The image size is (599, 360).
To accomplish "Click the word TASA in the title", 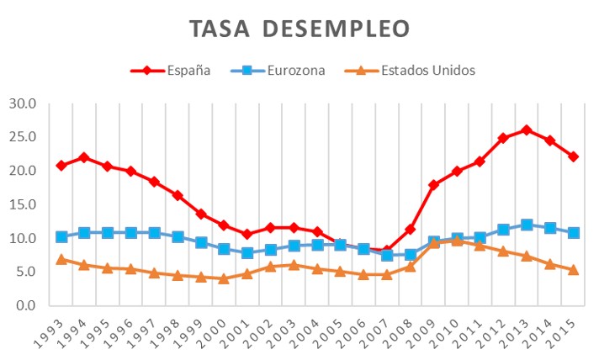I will (x=220, y=29).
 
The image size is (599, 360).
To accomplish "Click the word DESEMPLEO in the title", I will (x=337, y=29).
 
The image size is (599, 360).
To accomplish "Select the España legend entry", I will (x=186, y=71).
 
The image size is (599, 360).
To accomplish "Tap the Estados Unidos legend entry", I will (x=429, y=71).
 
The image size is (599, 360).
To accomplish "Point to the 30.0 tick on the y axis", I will (x=24, y=103).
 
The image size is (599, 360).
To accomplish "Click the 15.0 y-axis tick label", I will (x=24, y=204).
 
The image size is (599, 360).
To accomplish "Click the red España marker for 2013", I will (x=527, y=130).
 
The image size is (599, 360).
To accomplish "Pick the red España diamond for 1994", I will (x=84, y=157).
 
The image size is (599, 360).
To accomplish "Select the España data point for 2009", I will (x=433, y=185).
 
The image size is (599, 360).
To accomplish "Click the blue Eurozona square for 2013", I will (x=527, y=225).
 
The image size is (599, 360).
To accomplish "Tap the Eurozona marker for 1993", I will (x=61, y=236).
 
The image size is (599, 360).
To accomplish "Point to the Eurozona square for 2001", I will (x=247, y=253).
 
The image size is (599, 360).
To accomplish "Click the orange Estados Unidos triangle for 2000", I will (x=224, y=278).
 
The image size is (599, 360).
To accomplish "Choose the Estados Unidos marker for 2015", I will (x=573, y=270).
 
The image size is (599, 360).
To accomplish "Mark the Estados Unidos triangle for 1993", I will (x=61, y=259).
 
